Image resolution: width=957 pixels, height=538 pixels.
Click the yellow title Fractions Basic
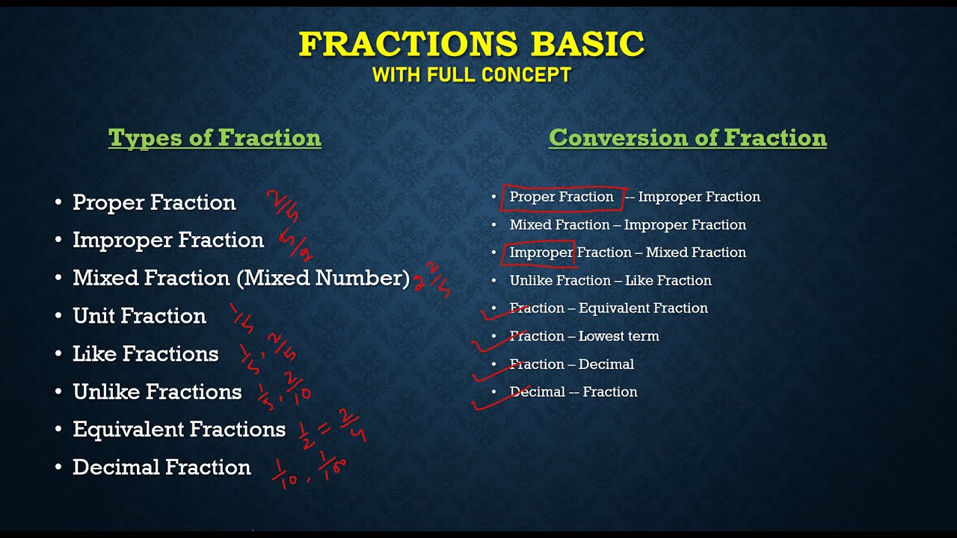click(x=471, y=45)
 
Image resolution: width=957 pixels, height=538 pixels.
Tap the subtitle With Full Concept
click(x=471, y=75)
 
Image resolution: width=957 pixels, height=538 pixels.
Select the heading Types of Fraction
click(x=215, y=138)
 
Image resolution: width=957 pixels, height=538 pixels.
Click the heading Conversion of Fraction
click(x=687, y=138)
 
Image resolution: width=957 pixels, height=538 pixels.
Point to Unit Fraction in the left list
click(x=139, y=316)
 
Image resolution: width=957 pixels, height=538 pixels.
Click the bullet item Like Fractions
click(x=145, y=354)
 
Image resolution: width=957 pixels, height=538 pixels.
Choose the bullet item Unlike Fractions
click(x=157, y=392)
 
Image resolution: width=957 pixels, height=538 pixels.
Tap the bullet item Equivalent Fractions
click(x=179, y=430)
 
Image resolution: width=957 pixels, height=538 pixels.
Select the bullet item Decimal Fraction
click(x=161, y=468)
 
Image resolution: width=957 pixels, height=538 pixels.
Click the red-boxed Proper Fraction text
click(x=561, y=197)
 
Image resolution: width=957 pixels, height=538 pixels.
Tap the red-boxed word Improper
click(x=541, y=253)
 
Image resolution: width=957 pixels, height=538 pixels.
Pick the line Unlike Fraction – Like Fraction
click(x=610, y=281)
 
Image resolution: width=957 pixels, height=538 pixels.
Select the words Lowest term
click(x=619, y=336)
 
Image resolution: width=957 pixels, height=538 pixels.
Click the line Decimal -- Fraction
click(x=573, y=392)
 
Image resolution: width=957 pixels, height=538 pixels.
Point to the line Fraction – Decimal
click(x=572, y=365)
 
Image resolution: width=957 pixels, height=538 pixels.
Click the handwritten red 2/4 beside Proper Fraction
click(x=283, y=205)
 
